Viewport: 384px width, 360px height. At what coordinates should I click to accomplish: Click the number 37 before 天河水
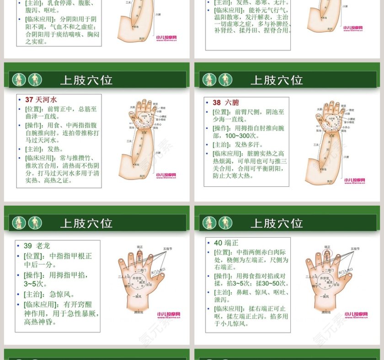(x=29, y=100)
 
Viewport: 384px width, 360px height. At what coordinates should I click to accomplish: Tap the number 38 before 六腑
(x=217, y=103)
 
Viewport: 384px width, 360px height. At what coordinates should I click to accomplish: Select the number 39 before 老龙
(x=28, y=246)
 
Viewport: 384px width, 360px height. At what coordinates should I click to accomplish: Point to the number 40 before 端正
(x=218, y=243)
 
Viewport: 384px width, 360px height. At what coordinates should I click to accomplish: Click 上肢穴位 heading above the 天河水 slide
(x=86, y=80)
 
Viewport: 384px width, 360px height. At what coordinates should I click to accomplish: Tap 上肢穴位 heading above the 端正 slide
(x=277, y=223)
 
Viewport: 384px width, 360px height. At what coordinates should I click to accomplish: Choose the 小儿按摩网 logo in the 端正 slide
(x=356, y=315)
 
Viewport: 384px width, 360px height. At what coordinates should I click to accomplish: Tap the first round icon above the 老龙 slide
(x=19, y=223)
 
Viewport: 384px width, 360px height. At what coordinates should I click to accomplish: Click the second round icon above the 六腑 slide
(x=225, y=80)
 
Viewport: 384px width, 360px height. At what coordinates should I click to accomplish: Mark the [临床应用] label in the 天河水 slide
(x=37, y=158)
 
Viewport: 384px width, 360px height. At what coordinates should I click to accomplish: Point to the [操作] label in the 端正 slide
(x=224, y=276)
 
